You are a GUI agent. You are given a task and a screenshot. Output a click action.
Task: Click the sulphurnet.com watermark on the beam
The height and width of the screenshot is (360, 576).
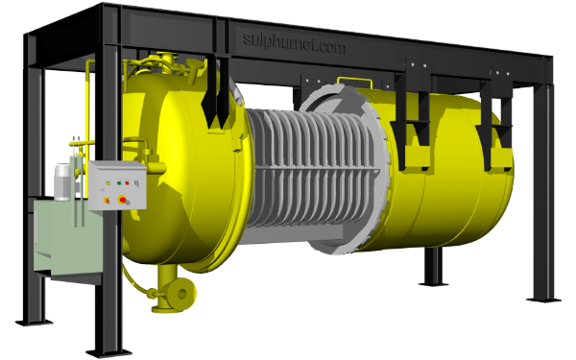pos(295,44)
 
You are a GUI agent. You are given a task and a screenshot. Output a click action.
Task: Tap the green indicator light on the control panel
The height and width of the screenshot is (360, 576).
pos(119,181)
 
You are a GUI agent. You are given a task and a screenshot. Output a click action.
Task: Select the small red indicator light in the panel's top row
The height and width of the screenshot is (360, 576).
pos(127,182)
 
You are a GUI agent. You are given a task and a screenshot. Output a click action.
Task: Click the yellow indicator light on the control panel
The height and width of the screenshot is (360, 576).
pos(108,181)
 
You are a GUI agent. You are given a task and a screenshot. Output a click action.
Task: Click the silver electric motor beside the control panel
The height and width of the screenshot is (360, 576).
pos(62,182)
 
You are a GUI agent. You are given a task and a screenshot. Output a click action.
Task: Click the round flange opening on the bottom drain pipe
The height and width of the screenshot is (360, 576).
pos(182,294)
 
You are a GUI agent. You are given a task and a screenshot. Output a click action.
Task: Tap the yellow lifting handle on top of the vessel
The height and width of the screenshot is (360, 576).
pos(354,83)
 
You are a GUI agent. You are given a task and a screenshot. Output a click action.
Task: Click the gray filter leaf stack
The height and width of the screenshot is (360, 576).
pos(312,167)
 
